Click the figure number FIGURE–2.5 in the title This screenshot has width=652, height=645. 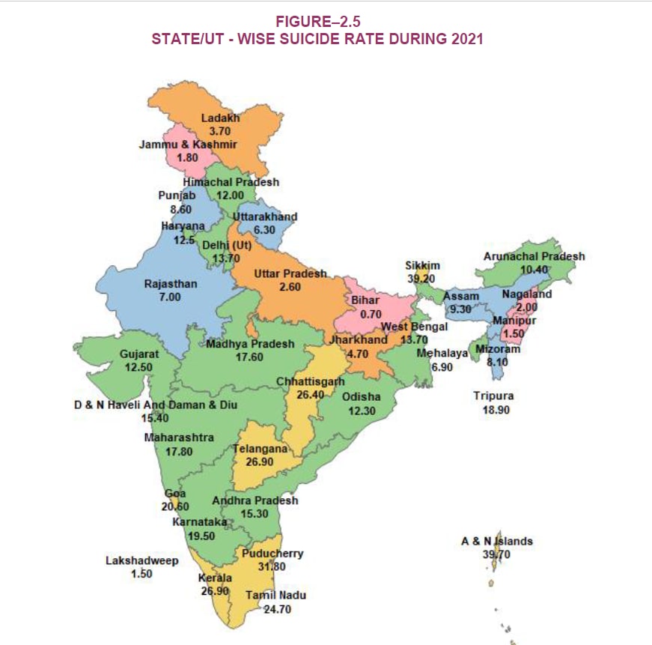pyautogui.click(x=324, y=22)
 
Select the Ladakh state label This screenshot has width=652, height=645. pyautogui.click(x=219, y=118)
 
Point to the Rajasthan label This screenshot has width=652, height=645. pyautogui.click(x=171, y=284)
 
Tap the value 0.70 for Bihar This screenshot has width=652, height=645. pyautogui.click(x=371, y=314)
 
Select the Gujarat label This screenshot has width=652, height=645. pyautogui.click(x=139, y=354)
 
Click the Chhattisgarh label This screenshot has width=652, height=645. pyautogui.click(x=310, y=381)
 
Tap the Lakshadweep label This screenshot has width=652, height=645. pyautogui.click(x=141, y=560)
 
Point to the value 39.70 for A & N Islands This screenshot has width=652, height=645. pyautogui.click(x=496, y=554)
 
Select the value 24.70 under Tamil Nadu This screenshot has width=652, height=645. pyautogui.click(x=276, y=609)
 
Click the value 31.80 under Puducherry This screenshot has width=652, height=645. pyautogui.click(x=272, y=566)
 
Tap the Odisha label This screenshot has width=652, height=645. pyautogui.click(x=362, y=397)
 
